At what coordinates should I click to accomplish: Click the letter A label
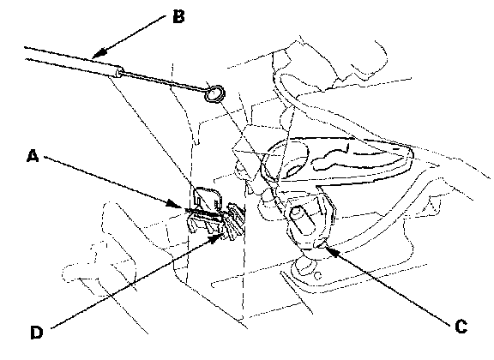[x=33, y=156]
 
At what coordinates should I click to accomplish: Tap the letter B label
[x=178, y=16]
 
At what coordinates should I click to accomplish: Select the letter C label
[x=461, y=326]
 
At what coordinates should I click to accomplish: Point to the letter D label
[x=37, y=333]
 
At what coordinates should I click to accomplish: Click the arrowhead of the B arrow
[x=99, y=53]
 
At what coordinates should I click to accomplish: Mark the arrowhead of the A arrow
[x=174, y=204]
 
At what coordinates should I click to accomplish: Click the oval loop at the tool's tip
[x=215, y=93]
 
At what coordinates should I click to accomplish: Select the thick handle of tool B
[x=72, y=62]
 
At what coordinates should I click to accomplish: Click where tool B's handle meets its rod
[x=119, y=72]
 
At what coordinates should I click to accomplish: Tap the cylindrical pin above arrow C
[x=301, y=219]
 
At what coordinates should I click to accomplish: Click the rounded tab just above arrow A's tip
[x=206, y=198]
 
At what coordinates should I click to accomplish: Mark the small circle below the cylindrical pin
[x=318, y=276]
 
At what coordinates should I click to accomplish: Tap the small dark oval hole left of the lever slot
[x=294, y=170]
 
